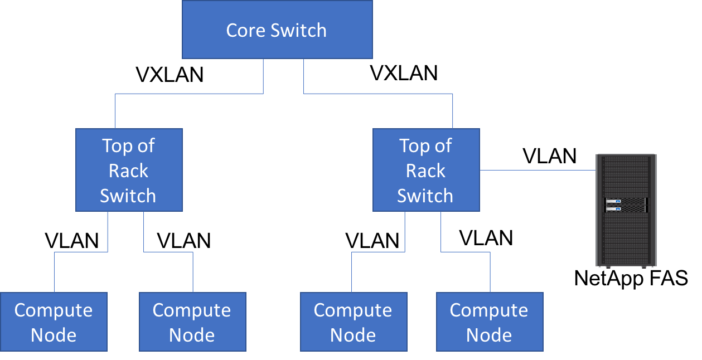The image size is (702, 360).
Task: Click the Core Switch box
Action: click(x=277, y=30)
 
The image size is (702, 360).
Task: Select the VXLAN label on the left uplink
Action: click(x=170, y=75)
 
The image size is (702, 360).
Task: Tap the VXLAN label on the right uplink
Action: click(x=404, y=72)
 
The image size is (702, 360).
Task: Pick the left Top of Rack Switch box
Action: click(x=129, y=170)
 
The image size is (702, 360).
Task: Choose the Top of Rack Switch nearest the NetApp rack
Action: click(x=425, y=170)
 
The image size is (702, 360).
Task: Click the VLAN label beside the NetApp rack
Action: click(x=549, y=156)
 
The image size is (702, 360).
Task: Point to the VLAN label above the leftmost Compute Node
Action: click(x=71, y=241)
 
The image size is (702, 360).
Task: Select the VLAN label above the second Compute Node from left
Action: click(x=183, y=241)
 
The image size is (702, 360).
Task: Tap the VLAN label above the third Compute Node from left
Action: click(x=372, y=241)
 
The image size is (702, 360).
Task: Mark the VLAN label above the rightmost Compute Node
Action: click(x=486, y=238)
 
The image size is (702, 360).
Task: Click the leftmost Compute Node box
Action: click(x=54, y=322)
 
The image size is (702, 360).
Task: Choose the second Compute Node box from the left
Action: click(x=192, y=322)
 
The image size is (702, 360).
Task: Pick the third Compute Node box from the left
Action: click(x=353, y=322)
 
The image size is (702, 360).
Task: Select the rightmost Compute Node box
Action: click(x=489, y=322)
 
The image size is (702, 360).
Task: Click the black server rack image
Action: click(x=626, y=234)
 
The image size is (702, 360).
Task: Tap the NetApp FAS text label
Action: click(x=631, y=278)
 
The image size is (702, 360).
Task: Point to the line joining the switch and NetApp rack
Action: click(x=537, y=170)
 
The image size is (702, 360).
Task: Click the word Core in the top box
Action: click(x=245, y=30)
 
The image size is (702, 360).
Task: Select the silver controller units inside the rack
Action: click(x=626, y=205)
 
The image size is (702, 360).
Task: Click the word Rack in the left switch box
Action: click(x=129, y=171)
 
